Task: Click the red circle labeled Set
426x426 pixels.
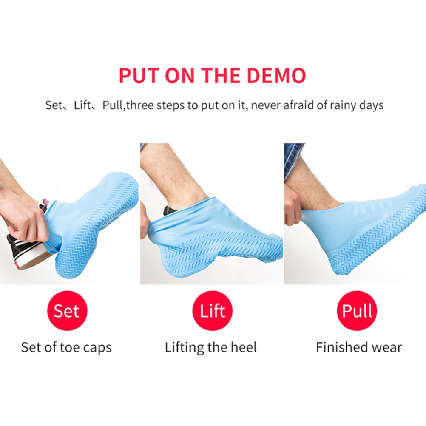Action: pyautogui.click(x=67, y=310)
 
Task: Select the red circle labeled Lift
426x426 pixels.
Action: pyautogui.click(x=213, y=310)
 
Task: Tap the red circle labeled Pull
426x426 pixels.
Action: pyautogui.click(x=357, y=310)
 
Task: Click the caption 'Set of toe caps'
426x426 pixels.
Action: pyautogui.click(x=66, y=347)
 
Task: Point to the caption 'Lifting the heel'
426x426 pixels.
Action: pyautogui.click(x=211, y=347)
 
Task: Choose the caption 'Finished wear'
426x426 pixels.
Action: pyautogui.click(x=359, y=347)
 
